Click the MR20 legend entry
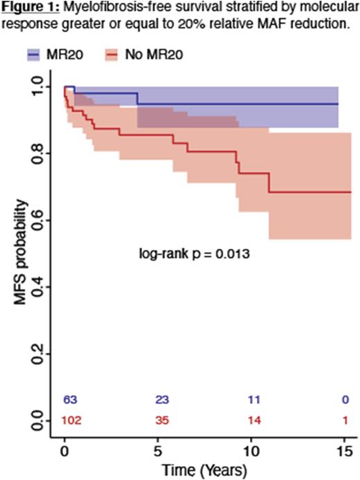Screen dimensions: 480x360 coord(60,54)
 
